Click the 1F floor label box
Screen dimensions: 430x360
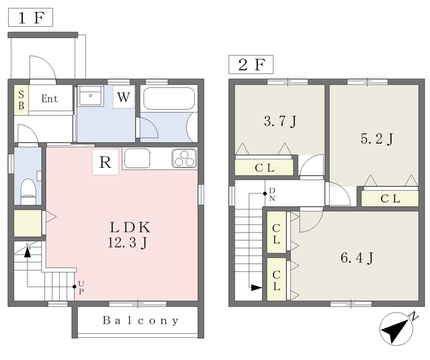[x=30, y=17]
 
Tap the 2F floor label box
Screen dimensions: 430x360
[x=251, y=64]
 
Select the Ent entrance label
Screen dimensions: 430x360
[x=50, y=99]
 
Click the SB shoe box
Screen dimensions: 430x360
[x=21, y=100]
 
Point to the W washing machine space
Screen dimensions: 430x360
[x=124, y=97]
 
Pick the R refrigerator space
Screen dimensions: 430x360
[x=105, y=162]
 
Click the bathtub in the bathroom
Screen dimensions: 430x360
[x=169, y=99]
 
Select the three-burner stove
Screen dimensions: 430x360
[x=185, y=159]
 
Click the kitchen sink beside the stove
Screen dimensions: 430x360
[x=137, y=159]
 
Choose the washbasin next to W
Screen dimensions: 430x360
[x=90, y=95]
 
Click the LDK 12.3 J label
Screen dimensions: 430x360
[x=130, y=234]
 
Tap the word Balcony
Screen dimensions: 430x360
[x=140, y=320]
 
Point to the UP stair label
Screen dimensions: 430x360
[x=81, y=287]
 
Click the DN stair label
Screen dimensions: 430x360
[x=272, y=194]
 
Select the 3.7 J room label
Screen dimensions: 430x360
[x=280, y=121]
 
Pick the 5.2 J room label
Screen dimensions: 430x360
[x=377, y=139]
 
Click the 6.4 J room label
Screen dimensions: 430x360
[x=357, y=258]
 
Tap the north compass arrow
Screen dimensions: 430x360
[x=396, y=328]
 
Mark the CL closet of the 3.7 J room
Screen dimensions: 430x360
[x=264, y=167]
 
